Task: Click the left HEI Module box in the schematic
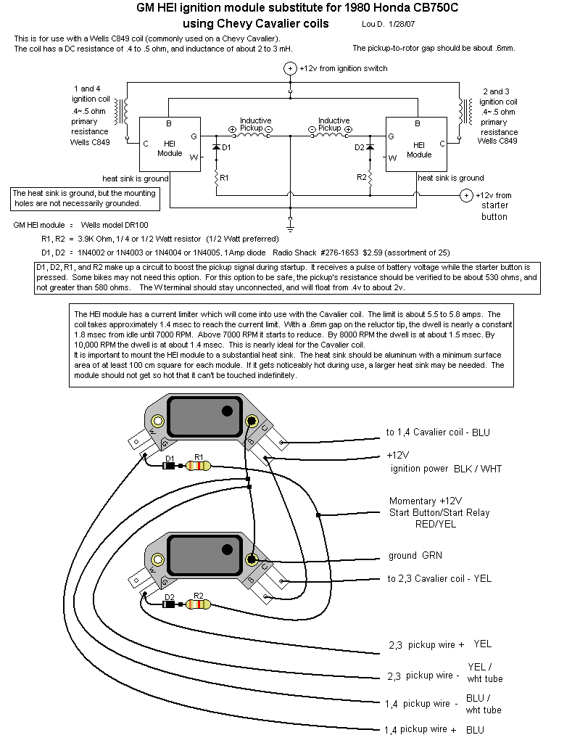[168, 144]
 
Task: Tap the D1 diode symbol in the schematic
[216, 147]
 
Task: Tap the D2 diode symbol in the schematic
[370, 147]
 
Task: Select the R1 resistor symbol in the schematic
[216, 176]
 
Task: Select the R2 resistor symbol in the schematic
[370, 176]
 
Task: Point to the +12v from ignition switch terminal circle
[290, 68]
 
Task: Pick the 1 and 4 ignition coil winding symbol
[128, 111]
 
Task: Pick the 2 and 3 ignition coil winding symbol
[459, 111]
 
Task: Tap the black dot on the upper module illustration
[228, 411]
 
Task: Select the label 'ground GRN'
[415, 556]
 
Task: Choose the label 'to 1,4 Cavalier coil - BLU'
[438, 432]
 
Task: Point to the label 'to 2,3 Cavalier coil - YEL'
[439, 578]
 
